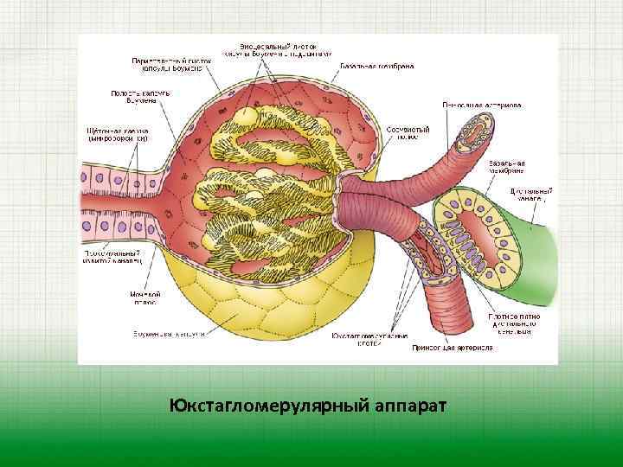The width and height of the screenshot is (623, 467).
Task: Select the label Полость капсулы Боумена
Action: pos(133,97)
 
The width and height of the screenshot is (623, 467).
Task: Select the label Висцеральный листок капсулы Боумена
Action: pos(276,48)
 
